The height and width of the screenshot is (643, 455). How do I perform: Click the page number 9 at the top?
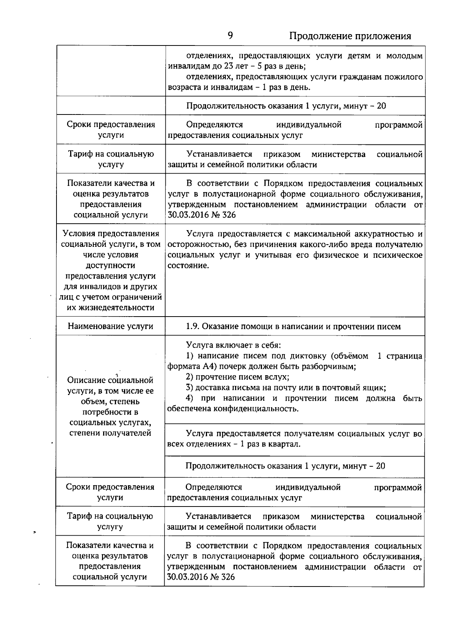[x=230, y=36]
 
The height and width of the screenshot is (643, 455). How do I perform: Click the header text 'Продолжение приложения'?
[x=350, y=36]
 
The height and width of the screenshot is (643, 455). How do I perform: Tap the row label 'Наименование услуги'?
[x=110, y=326]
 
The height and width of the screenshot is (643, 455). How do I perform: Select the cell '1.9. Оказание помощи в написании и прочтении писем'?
[x=293, y=326]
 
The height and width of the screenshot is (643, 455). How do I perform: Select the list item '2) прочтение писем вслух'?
[x=237, y=377]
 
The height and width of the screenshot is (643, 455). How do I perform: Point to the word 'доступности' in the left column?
[x=111, y=265]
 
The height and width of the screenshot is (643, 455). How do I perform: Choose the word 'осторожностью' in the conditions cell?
[x=198, y=245]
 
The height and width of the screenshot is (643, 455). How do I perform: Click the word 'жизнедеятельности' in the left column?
[x=111, y=307]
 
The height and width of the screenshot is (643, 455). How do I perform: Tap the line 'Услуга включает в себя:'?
[x=233, y=345]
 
